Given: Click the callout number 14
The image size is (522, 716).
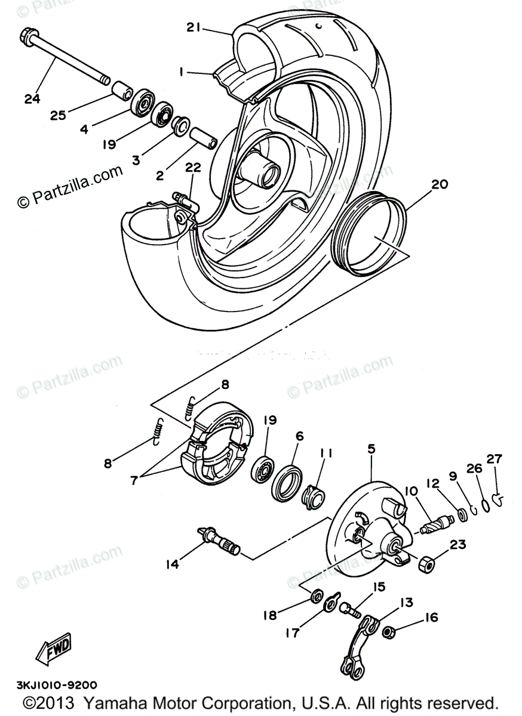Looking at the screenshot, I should [x=173, y=563].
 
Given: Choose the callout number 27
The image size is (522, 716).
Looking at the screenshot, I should [x=495, y=459].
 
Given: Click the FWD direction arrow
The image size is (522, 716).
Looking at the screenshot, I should [x=54, y=647].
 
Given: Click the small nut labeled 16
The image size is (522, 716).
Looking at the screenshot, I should [x=388, y=630].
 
